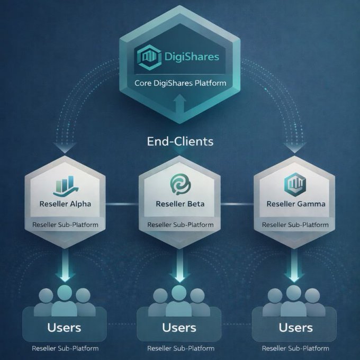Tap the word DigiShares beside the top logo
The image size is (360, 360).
tap(188, 57)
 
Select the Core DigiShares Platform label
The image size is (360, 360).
tap(180, 83)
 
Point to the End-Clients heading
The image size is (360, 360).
tap(180, 141)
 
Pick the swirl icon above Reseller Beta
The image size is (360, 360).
tap(180, 185)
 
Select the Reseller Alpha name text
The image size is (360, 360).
tap(65, 204)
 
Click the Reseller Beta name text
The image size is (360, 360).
tap(180, 204)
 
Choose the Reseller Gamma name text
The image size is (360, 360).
tap(296, 204)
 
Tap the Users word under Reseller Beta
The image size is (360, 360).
tap(179, 327)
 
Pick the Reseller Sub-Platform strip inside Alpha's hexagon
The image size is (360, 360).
tap(65, 224)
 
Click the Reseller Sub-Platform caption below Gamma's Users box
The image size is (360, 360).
tap(295, 348)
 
